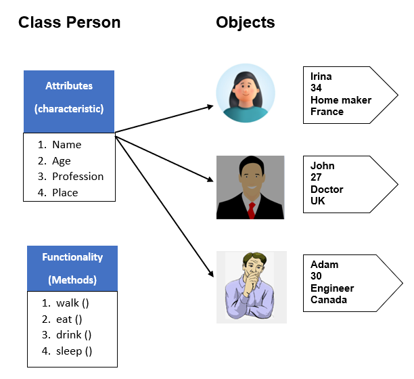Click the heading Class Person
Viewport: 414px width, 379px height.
[69, 22]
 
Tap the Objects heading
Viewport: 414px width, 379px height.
[246, 22]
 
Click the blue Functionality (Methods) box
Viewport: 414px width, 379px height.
[72, 268]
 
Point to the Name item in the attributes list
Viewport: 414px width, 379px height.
[66, 144]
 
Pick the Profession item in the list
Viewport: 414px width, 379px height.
[78, 177]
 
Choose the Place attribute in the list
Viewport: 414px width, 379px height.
[65, 193]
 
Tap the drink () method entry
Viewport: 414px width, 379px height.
[74, 335]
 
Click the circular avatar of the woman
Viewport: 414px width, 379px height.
[246, 95]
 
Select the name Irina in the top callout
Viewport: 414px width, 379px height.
[322, 77]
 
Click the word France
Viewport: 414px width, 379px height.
[327, 112]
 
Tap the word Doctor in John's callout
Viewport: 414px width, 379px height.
[327, 189]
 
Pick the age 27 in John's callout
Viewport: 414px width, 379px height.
[317, 177]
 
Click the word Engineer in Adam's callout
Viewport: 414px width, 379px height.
[332, 288]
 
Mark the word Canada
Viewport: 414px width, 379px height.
[329, 300]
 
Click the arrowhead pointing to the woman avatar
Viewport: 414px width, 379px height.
[209, 106]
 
